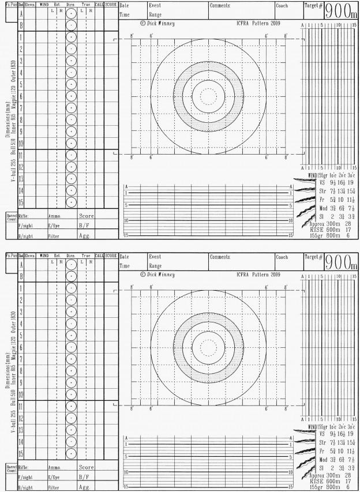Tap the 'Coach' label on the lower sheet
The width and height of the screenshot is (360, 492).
[x=282, y=257]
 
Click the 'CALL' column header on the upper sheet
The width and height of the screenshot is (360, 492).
[x=98, y=5]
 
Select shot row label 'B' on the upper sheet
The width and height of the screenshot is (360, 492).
[x=21, y=25]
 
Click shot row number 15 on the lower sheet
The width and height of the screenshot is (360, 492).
[x=21, y=453]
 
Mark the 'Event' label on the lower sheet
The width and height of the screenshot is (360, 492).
[x=155, y=257]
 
